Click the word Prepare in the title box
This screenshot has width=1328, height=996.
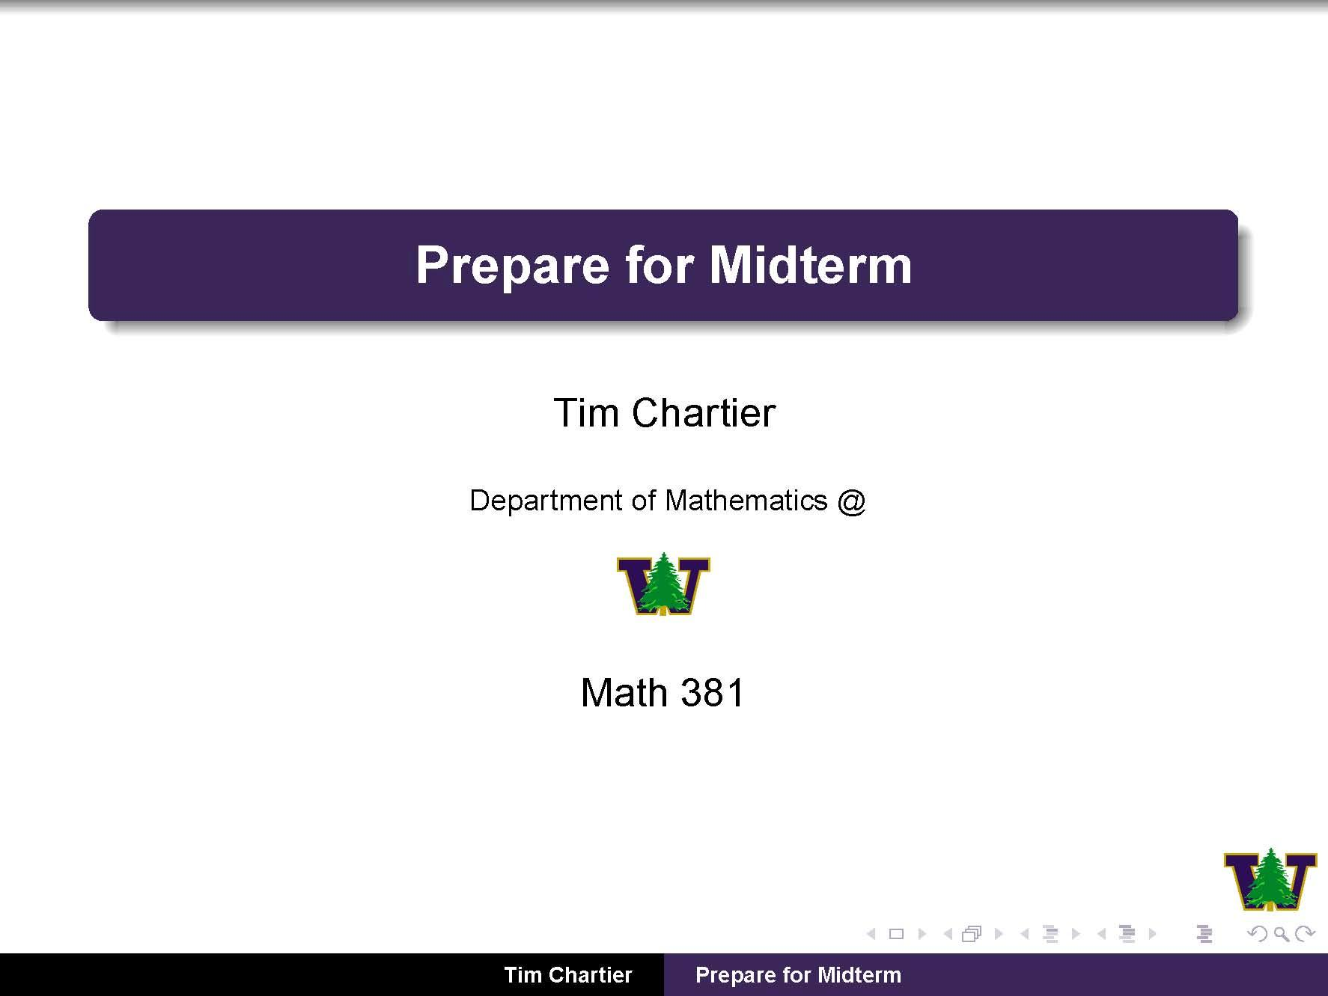[x=512, y=266]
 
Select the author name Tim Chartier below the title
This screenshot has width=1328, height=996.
[x=664, y=413]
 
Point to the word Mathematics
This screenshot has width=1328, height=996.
[x=746, y=501]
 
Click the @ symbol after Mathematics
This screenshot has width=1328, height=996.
[x=852, y=501]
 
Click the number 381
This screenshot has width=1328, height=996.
[x=713, y=692]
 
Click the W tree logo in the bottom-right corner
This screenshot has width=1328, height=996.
[x=1270, y=879]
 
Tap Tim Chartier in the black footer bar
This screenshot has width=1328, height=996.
[x=567, y=975]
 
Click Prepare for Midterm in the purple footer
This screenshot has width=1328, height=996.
[x=798, y=975]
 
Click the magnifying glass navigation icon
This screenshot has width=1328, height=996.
[x=1281, y=934]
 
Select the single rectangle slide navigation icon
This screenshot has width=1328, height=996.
[x=896, y=934]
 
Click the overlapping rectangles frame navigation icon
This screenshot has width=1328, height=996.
[x=972, y=934]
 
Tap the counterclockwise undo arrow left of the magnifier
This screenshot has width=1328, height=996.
[x=1258, y=934]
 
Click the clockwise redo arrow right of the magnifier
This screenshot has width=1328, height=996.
[x=1305, y=934]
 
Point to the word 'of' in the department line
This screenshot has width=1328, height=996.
[x=643, y=501]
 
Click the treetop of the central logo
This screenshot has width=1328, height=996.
[x=663, y=560]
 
